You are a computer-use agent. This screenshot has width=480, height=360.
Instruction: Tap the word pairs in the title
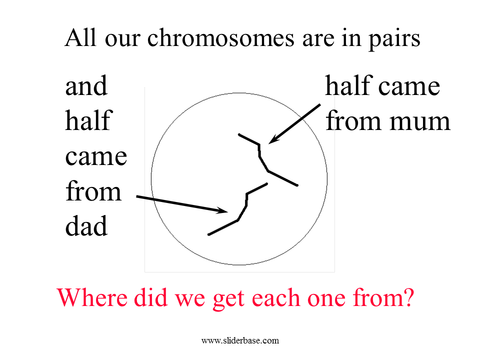394,40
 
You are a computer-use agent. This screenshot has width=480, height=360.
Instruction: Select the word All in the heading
80,37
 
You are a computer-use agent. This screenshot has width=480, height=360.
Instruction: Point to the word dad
86,225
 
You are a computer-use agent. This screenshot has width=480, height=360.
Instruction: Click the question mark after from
408,297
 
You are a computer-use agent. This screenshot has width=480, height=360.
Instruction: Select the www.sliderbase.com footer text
240,340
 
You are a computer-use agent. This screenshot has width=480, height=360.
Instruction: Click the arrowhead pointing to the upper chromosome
273,139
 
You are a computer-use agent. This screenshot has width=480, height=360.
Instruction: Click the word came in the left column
96,156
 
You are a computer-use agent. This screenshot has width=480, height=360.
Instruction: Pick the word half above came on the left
89,120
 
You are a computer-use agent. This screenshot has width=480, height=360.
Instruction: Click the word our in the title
122,40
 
